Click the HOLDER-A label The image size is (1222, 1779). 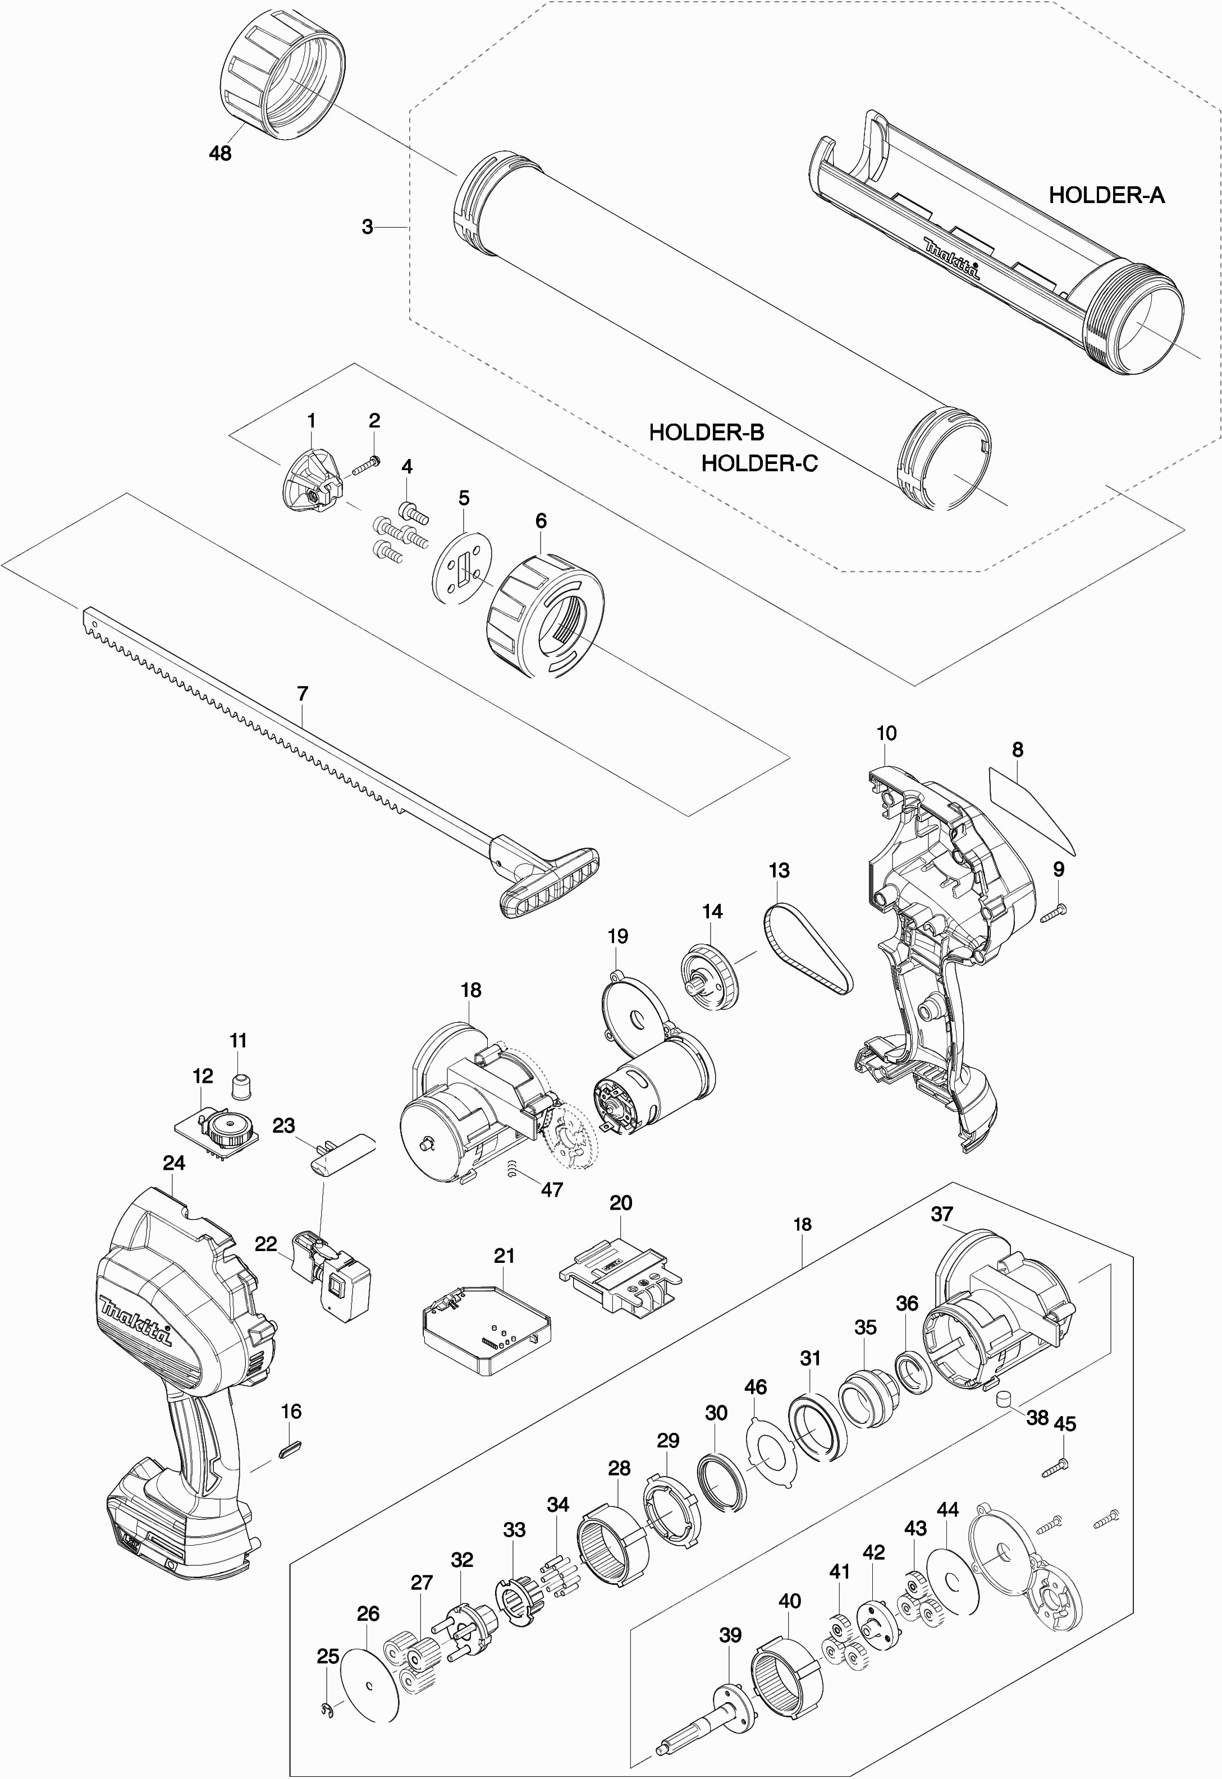tap(1106, 195)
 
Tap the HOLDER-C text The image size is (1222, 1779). tap(759, 463)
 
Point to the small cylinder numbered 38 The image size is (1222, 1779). tap(1003, 1400)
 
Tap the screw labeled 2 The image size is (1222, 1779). tap(367, 466)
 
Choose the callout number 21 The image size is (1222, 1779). tap(504, 1256)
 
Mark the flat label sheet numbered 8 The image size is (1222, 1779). tap(1030, 808)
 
